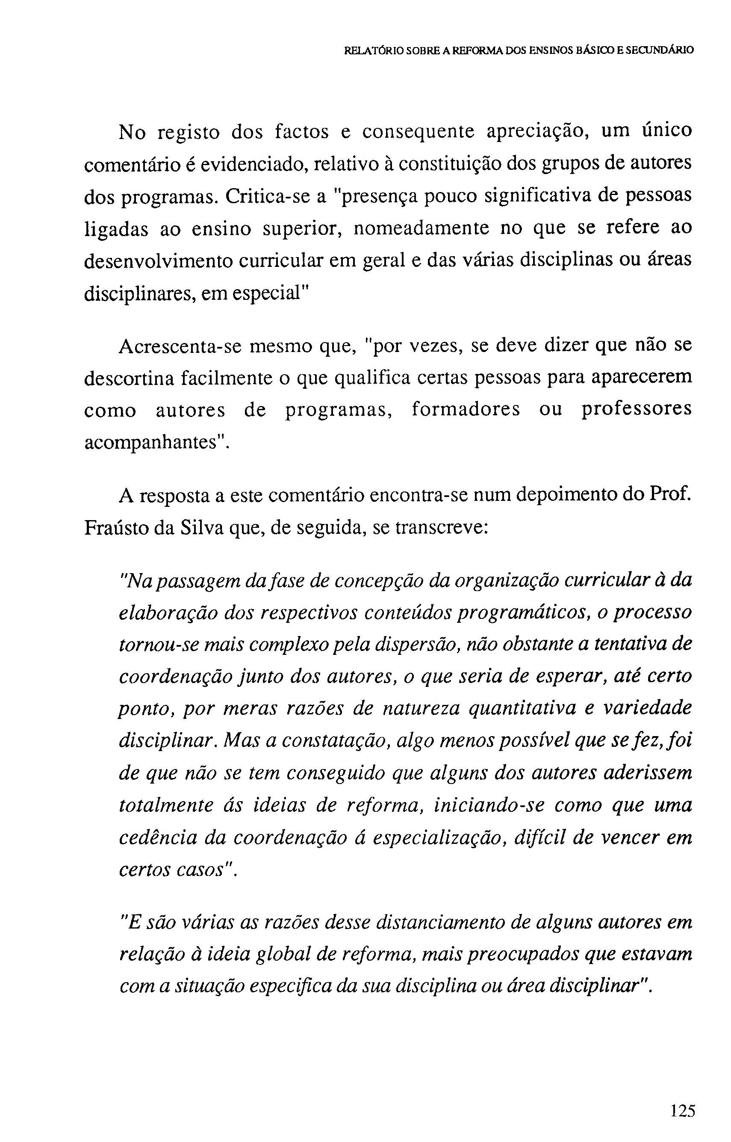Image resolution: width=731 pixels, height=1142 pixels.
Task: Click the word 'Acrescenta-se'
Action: [x=180, y=346]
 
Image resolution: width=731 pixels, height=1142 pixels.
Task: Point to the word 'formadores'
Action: [x=466, y=409]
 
